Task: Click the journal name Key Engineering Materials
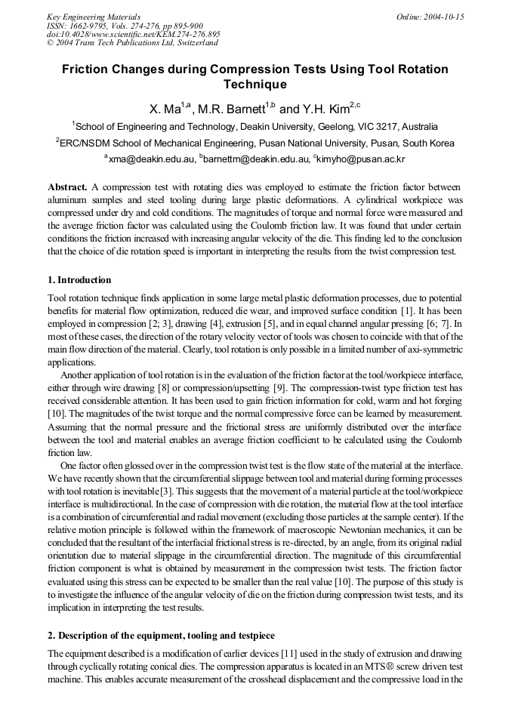tap(94, 17)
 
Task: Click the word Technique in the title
tap(254, 85)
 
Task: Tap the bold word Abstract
tap(67, 186)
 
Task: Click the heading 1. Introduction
tap(79, 280)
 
